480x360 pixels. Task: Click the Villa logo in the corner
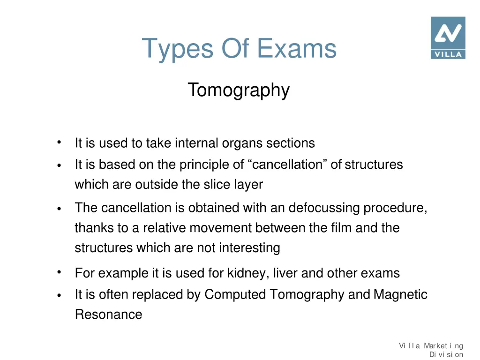click(x=448, y=37)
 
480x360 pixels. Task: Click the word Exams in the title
click(x=297, y=48)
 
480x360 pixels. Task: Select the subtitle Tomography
click(x=239, y=90)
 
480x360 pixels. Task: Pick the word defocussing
click(x=324, y=208)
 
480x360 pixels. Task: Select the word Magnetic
click(x=400, y=294)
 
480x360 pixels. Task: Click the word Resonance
click(x=108, y=314)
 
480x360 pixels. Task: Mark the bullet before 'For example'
click(x=59, y=272)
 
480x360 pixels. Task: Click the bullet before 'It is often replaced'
click(x=59, y=295)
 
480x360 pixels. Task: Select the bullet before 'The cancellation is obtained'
click(x=59, y=209)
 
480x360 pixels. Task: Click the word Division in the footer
click(x=446, y=355)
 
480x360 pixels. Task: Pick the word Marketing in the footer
click(x=443, y=346)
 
